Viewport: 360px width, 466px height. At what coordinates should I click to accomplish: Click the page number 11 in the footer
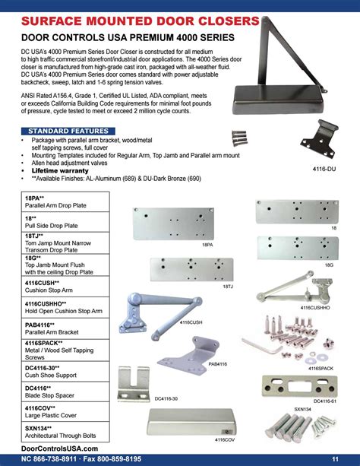pyautogui.click(x=335, y=458)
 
